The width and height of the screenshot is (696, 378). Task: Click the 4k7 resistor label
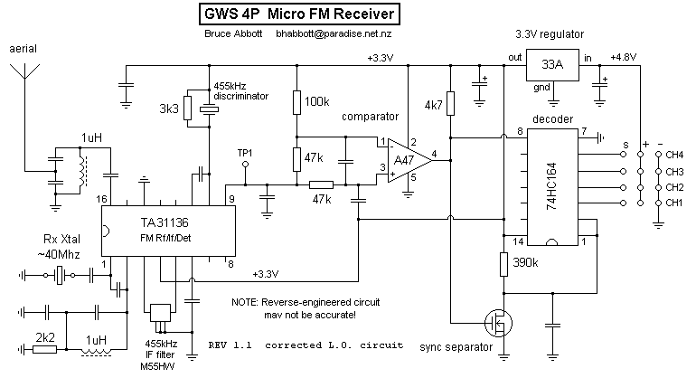pos(433,105)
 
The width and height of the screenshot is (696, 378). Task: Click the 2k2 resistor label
pos(45,338)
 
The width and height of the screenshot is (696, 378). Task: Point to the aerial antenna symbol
pos(23,68)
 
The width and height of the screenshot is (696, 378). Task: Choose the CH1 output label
pos(673,202)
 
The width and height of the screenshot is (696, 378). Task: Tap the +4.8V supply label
pos(624,56)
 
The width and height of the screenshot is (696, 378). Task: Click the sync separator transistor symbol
pos(495,322)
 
